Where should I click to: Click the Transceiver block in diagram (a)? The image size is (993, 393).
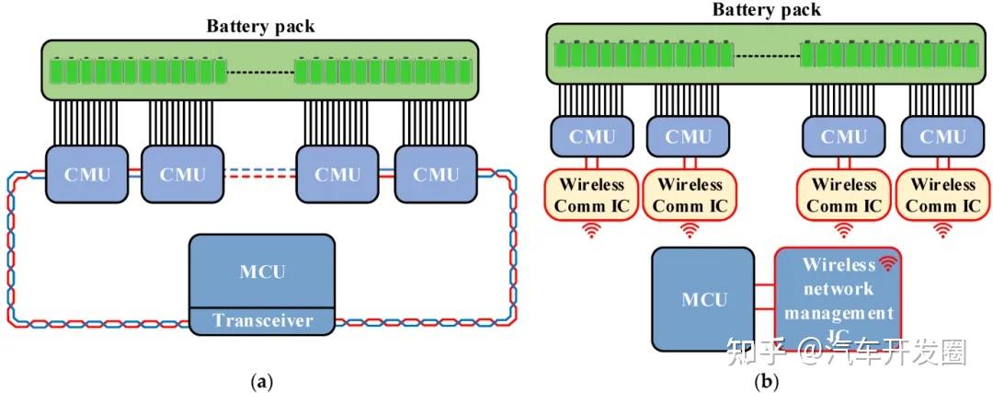click(x=262, y=321)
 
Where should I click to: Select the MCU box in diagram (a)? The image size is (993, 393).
click(x=262, y=272)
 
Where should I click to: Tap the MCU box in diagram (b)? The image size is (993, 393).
click(x=704, y=299)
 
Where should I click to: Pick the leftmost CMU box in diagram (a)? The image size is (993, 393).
click(x=88, y=174)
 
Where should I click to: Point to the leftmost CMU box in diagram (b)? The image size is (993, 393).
click(x=589, y=137)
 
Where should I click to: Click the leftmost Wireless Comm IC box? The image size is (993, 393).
click(x=589, y=194)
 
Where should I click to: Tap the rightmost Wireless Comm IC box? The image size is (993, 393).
click(x=943, y=194)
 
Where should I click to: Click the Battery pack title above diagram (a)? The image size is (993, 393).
click(x=260, y=26)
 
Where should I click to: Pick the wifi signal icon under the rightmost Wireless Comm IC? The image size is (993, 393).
click(x=943, y=231)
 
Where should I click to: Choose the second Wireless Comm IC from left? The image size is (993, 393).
click(x=690, y=194)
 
